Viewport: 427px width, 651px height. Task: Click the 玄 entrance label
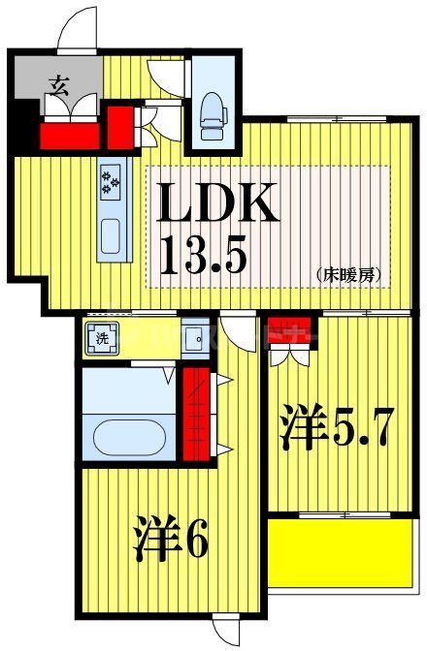coord(57,84)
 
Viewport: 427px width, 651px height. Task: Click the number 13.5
coord(204,254)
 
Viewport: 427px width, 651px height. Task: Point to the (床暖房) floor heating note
coord(346,275)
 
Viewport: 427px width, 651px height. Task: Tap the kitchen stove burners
coord(110,183)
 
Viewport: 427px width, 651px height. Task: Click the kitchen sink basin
coord(109,234)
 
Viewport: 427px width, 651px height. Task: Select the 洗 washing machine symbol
coord(100,339)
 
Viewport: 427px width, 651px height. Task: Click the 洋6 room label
coord(171,541)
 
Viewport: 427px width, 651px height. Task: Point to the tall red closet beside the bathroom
coord(198,412)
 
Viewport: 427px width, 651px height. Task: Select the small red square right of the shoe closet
coord(120,123)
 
